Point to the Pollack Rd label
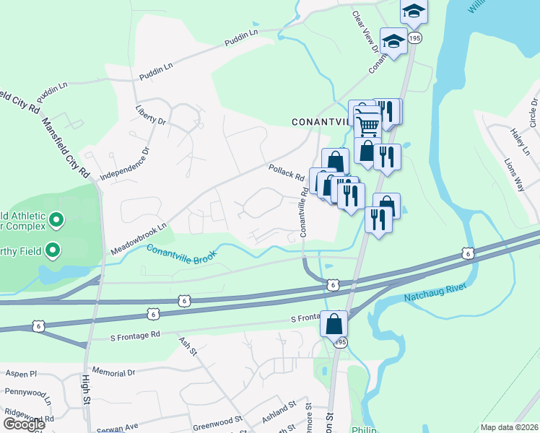pos(286,173)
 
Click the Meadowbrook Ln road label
pos(139,238)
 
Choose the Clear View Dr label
pos(365,32)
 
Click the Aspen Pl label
pos(21,374)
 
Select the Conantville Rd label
pos(304,213)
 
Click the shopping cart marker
pos(368,125)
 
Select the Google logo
pos(23,424)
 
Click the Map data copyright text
pos(509,427)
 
